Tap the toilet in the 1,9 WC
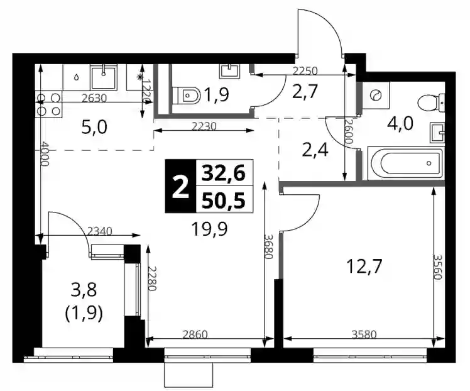(187, 96)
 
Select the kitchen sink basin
(104, 78)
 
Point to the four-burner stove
(48, 104)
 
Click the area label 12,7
(364, 266)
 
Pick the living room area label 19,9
(209, 229)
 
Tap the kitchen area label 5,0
(94, 128)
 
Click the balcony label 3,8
(84, 290)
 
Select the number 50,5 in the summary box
(224, 200)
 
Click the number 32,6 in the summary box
(224, 173)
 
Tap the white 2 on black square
(180, 187)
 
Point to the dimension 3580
(364, 334)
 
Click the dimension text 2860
(195, 334)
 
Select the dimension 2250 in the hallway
(305, 71)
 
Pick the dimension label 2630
(94, 98)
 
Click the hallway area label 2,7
(304, 92)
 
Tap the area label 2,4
(315, 149)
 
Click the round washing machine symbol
(376, 96)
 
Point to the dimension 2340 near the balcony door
(100, 231)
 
